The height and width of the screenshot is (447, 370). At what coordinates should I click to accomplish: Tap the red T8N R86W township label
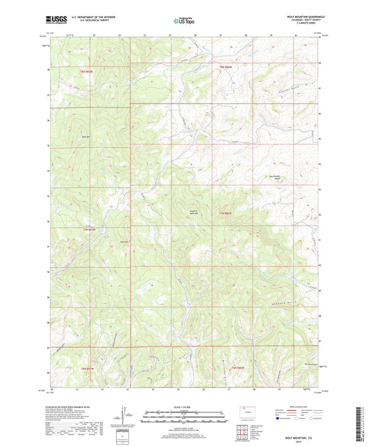[x=226, y=66]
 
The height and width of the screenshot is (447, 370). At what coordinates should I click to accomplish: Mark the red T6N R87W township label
[x=87, y=369]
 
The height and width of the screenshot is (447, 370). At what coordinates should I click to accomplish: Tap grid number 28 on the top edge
[x=245, y=35]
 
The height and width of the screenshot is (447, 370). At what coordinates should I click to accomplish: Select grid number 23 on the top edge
[x=119, y=35]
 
